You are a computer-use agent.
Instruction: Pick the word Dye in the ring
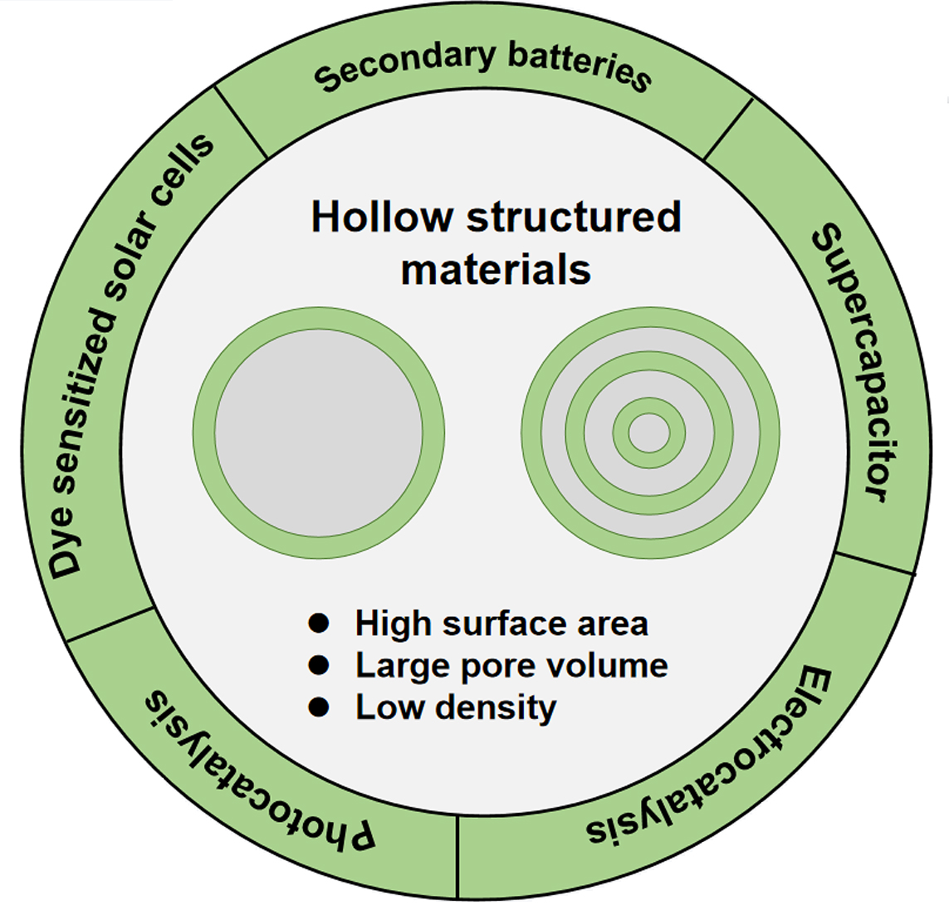66,545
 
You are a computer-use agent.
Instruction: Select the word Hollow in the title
382,218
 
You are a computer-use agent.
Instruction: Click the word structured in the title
574,218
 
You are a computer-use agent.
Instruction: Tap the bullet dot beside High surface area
319,623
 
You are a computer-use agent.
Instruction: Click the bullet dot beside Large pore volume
319,665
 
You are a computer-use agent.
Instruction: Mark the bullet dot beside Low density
319,707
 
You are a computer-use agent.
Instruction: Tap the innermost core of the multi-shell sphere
649,433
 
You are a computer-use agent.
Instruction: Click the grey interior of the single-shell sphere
319,433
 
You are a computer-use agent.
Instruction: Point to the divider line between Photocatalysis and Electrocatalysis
457,855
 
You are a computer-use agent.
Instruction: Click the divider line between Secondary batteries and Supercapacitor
728,129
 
